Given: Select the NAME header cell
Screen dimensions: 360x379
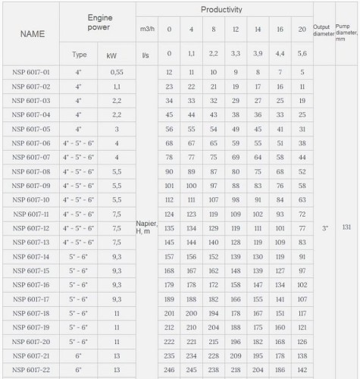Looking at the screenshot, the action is coord(33,34).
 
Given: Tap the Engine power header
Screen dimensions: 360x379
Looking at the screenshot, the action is coord(100,22).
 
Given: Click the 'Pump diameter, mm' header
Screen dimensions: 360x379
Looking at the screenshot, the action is coord(346,34).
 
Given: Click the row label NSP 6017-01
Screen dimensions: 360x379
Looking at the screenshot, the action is coord(32,72).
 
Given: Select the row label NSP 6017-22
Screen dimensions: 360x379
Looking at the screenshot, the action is coord(32,371).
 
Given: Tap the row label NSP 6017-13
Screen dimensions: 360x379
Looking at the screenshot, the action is coord(32,243).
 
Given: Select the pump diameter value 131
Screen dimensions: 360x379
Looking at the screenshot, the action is coord(346,227).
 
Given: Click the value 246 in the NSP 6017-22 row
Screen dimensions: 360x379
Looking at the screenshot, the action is coord(169,371).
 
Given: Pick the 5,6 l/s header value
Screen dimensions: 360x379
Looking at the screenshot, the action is coord(302,55).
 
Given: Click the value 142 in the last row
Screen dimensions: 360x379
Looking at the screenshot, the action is coord(302,371).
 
